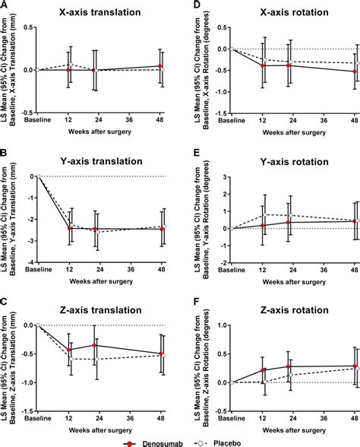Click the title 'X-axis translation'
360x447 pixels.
99,12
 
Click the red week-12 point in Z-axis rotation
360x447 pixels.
264,370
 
